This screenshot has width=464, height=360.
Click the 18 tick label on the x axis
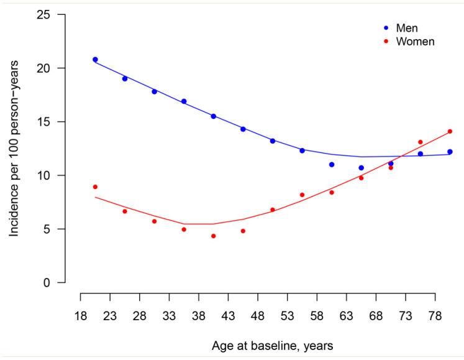click(81, 316)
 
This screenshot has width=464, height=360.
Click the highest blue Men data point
click(95, 60)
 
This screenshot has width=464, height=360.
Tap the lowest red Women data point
click(213, 236)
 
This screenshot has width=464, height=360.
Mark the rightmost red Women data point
click(450, 131)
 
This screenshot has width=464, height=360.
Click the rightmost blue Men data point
click(450, 152)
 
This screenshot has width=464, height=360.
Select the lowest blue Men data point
click(361, 168)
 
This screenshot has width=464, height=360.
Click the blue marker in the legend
click(386, 28)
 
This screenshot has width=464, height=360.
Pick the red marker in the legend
click(386, 42)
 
